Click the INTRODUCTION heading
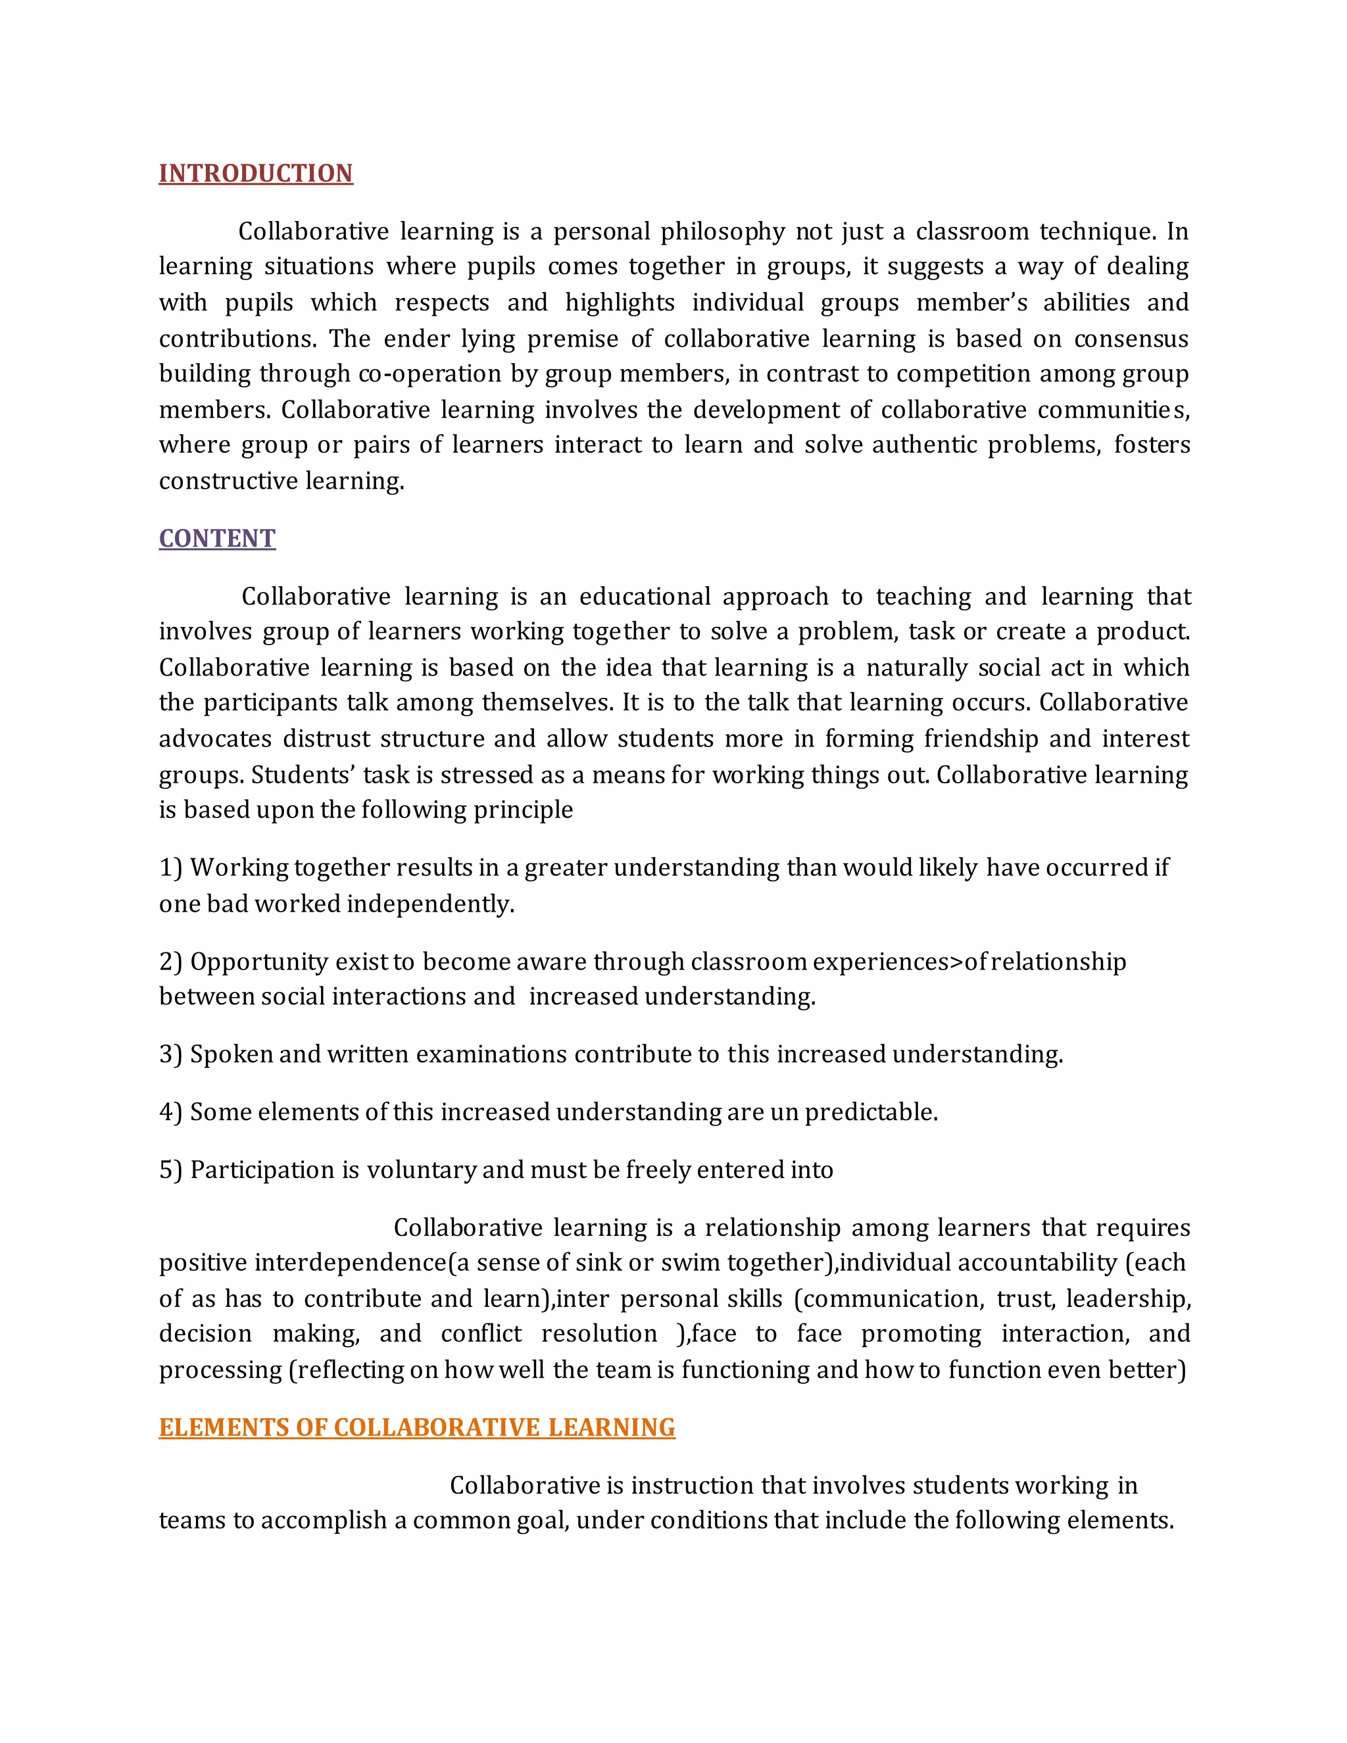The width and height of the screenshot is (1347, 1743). tap(255, 173)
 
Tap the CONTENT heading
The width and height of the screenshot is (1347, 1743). tap(217, 539)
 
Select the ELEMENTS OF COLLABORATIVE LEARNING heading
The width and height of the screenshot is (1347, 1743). tap(416, 1427)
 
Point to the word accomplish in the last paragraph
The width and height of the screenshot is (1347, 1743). tap(322, 1520)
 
